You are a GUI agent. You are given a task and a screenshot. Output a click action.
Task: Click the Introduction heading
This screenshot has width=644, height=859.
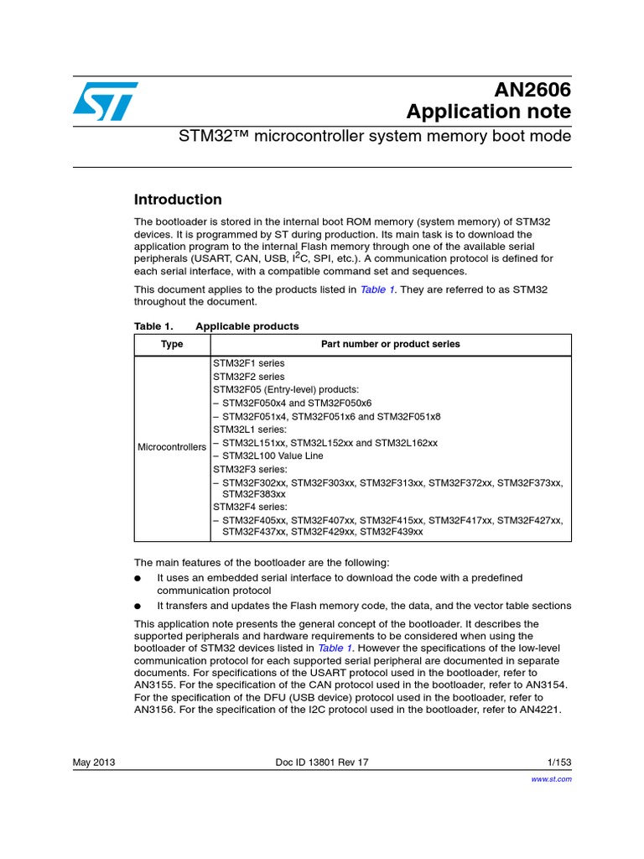[x=178, y=200]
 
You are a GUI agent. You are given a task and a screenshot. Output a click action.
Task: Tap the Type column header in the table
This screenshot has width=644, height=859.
[x=172, y=344]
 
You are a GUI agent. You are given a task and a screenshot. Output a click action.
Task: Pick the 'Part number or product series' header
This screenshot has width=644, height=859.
[x=390, y=344]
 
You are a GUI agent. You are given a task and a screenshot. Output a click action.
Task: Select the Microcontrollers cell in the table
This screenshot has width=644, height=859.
[x=172, y=447]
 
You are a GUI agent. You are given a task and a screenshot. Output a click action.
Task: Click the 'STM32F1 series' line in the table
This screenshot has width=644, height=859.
[x=249, y=363]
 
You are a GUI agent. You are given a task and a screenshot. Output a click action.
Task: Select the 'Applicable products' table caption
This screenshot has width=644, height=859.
[x=247, y=326]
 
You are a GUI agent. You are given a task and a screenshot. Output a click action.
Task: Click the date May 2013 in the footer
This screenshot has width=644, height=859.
[x=94, y=762]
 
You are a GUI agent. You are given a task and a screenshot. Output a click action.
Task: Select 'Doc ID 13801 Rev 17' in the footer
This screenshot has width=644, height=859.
[x=322, y=762]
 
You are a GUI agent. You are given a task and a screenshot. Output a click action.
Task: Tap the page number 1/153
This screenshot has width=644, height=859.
[x=558, y=762]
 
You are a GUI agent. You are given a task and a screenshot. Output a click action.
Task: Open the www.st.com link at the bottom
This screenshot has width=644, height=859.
[x=553, y=778]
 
